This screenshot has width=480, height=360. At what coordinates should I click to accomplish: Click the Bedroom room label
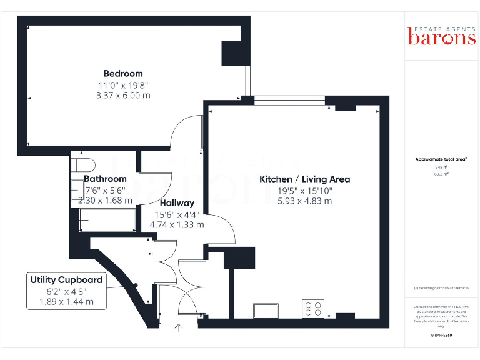pos(123,74)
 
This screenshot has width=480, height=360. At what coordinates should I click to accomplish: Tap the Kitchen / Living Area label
pos(304,179)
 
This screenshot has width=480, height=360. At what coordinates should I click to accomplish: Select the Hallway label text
pos(177,203)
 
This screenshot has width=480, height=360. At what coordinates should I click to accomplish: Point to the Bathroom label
pos(105,179)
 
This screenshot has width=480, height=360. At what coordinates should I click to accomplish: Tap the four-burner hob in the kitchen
pos(314,308)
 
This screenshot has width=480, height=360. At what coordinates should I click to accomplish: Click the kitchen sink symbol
pos(266,310)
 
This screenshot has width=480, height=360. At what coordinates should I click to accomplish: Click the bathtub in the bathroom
pos(107,220)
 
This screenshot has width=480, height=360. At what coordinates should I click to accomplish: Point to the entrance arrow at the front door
pos(179,326)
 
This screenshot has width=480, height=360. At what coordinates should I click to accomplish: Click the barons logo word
pos(441,38)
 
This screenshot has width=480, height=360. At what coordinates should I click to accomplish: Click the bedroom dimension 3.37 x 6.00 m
pos(123,96)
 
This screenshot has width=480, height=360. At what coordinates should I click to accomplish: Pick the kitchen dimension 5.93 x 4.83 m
pos(304,201)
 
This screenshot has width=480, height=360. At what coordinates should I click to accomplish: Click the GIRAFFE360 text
pos(441,336)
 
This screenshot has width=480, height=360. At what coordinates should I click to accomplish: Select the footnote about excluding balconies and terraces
pos(441,288)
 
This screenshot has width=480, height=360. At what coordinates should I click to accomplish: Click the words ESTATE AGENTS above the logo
pos(441,28)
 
